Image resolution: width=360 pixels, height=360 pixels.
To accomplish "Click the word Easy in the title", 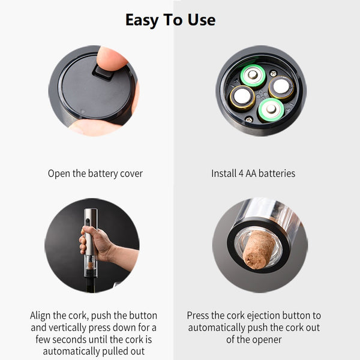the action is tap(142, 20).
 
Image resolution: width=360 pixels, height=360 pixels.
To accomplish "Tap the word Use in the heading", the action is tap(202, 20).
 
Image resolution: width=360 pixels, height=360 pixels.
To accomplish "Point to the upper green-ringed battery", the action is tap(253, 76).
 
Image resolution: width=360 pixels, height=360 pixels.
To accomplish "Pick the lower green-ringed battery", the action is tap(271, 110).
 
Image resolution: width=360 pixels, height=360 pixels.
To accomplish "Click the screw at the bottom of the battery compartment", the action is tap(249, 119).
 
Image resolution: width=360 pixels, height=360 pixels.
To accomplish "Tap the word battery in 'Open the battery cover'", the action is tap(103, 174).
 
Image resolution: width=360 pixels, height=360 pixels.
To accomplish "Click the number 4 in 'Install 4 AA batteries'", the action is tap(241, 173).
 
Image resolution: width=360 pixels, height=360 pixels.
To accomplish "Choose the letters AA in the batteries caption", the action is tap(251, 173).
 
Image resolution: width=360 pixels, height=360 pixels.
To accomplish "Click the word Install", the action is tap(224, 173).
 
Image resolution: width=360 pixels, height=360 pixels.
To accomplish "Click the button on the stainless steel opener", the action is tap(88, 221).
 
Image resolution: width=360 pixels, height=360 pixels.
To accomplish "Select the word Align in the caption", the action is tap(40, 316).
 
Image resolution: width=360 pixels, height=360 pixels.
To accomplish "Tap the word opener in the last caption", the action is tap(268, 340).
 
